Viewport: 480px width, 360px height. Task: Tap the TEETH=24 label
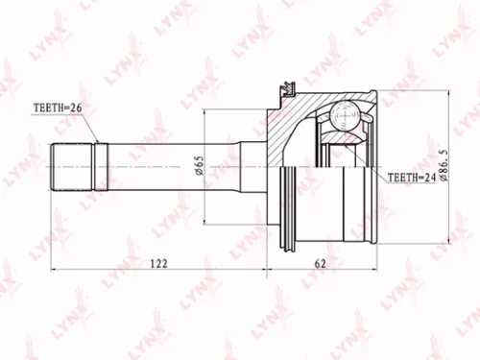415,178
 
